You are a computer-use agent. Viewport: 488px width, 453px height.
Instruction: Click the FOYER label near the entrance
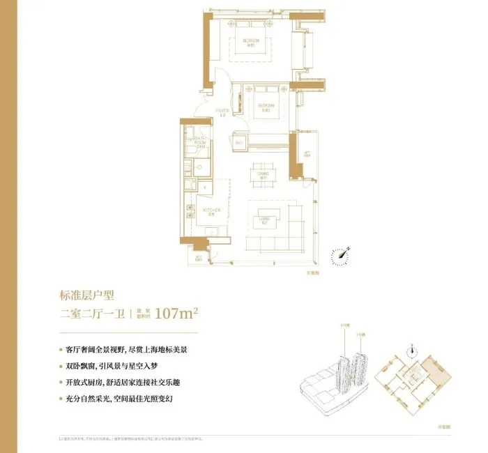222,112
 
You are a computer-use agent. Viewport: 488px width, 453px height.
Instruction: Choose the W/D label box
239,143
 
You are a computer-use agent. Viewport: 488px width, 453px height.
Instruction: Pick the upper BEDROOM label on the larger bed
251,42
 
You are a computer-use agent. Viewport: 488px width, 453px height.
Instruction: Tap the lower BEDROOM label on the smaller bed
266,106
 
